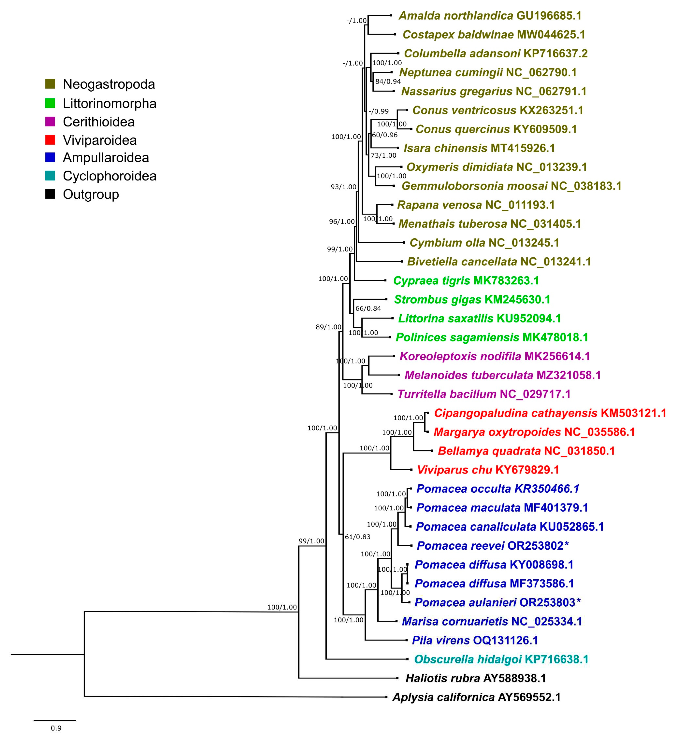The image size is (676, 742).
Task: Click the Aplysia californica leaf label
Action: click(476, 697)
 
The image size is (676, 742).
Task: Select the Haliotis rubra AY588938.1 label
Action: click(475, 678)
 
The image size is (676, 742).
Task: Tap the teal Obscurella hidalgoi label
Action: click(501, 659)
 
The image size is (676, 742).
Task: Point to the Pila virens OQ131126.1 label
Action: click(475, 640)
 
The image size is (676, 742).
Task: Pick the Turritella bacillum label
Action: click(484, 394)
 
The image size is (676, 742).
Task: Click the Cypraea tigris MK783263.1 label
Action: click(466, 281)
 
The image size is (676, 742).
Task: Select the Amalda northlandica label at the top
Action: click(490, 16)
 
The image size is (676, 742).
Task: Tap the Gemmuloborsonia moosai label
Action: click(511, 186)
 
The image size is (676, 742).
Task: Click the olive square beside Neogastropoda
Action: click(50, 84)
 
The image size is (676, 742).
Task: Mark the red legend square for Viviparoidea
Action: click(50, 140)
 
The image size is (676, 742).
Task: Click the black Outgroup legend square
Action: click(50, 194)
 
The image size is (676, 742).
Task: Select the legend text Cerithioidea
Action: click(99, 122)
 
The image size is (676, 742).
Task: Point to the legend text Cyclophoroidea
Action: click(109, 176)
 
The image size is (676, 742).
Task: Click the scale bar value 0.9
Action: click(56, 728)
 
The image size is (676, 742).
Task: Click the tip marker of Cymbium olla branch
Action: click(404, 243)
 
